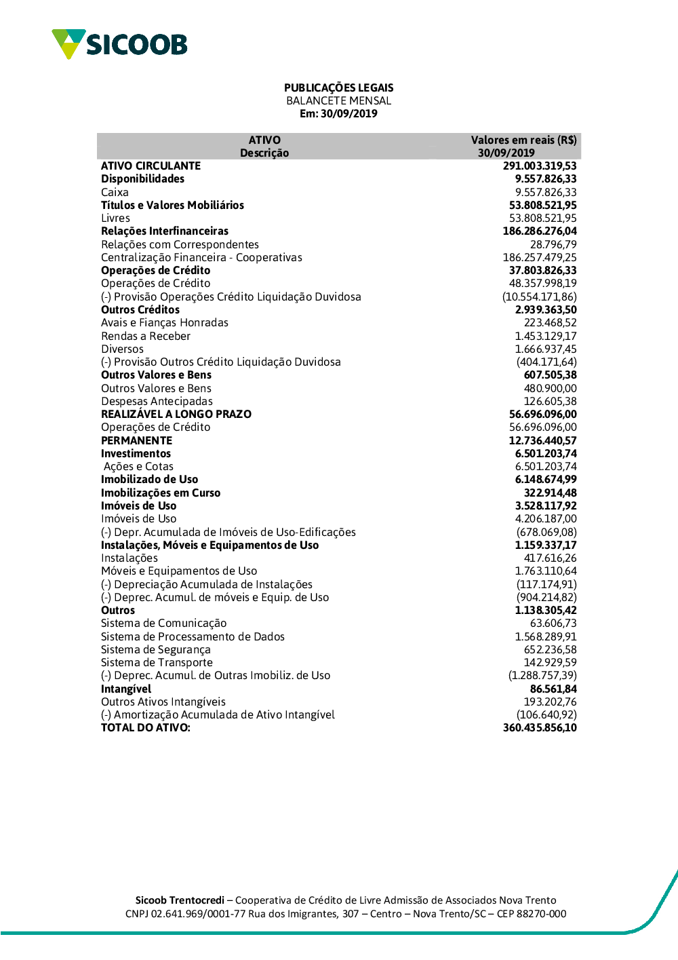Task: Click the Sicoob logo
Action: tap(119, 44)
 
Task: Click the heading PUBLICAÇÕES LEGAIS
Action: tap(338, 88)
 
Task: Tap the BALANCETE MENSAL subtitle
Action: tap(338, 100)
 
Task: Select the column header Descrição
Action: tap(264, 153)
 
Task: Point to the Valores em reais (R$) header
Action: tap(523, 140)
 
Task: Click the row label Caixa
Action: tap(115, 192)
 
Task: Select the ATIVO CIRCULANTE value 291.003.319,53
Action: tap(540, 166)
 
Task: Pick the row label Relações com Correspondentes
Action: tap(180, 244)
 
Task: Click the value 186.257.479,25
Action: tap(540, 257)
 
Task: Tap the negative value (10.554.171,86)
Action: tap(540, 296)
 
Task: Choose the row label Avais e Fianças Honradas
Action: tap(165, 322)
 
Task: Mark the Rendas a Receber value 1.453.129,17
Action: tap(546, 336)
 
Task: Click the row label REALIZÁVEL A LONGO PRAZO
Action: tap(176, 414)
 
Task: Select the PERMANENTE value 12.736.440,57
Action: tap(542, 440)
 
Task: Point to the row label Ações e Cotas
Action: tap(138, 466)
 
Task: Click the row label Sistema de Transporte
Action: tap(157, 662)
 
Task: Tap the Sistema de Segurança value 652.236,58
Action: tap(550, 649)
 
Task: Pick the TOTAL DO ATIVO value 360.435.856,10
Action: tap(540, 727)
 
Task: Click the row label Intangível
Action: tap(126, 689)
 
